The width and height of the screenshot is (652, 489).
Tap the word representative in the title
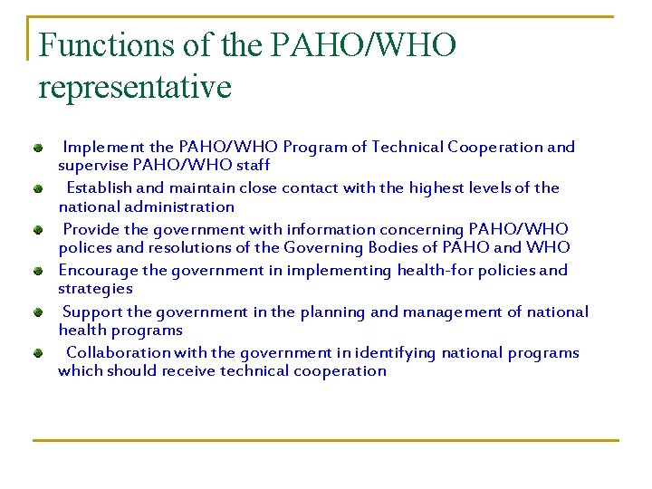[135, 87]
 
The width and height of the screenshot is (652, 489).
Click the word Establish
[100, 188]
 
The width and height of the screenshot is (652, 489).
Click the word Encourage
[99, 270]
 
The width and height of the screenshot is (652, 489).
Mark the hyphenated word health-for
[428, 270]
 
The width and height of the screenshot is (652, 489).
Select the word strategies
[95, 288]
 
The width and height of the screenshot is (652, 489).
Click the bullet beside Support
[39, 312]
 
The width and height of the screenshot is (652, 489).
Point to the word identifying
[395, 352]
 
